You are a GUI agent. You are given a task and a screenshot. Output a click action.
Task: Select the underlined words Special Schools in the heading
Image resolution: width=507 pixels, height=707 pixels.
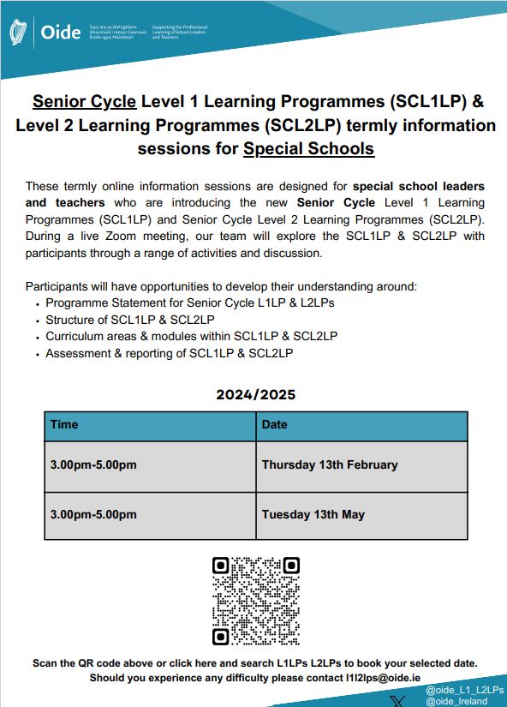[309, 148]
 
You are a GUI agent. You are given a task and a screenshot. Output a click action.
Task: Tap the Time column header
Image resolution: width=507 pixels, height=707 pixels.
[64, 424]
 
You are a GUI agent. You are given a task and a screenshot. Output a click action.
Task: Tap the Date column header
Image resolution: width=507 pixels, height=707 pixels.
[275, 424]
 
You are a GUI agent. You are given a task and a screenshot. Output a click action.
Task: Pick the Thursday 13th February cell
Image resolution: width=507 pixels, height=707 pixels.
[330, 464]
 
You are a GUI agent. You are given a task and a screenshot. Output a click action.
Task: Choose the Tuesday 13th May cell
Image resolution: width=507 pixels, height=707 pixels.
[313, 514]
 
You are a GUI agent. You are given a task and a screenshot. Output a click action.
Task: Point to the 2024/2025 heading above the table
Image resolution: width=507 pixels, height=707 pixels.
[256, 395]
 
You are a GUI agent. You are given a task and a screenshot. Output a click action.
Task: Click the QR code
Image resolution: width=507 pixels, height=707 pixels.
[256, 601]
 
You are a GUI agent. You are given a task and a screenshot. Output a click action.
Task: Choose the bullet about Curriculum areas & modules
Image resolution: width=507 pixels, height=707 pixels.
[191, 336]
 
